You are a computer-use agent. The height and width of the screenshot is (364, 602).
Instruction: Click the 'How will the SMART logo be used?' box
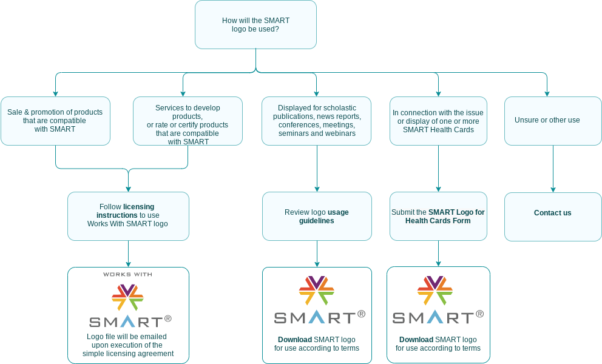click(x=255, y=25)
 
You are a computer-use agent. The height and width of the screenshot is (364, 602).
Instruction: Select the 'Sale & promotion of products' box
click(x=55, y=121)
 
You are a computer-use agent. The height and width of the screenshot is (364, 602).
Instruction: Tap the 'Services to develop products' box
click(x=188, y=121)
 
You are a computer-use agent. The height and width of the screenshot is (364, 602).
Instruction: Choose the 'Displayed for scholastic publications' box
click(x=317, y=121)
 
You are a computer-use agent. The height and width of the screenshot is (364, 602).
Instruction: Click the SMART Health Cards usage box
click(x=438, y=121)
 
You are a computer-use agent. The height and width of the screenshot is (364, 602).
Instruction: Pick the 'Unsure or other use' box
click(x=553, y=121)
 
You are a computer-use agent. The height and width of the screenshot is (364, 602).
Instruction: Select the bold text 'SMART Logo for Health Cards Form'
click(x=447, y=217)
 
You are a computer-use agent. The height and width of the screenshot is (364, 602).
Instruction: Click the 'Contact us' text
click(x=553, y=213)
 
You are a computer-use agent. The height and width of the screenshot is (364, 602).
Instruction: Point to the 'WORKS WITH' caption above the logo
click(x=127, y=274)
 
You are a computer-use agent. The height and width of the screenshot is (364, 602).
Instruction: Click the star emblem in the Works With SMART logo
click(x=127, y=297)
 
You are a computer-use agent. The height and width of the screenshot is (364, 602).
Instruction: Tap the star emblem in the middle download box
click(x=317, y=290)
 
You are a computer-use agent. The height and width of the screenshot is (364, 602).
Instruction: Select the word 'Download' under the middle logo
click(x=294, y=340)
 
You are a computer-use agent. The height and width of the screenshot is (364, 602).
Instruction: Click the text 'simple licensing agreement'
click(x=128, y=354)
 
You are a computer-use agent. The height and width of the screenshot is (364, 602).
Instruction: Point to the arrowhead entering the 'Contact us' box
click(x=553, y=190)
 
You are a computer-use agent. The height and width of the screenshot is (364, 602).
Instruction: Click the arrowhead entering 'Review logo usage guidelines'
click(x=317, y=189)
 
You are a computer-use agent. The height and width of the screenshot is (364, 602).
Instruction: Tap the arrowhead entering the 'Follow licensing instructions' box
click(x=128, y=189)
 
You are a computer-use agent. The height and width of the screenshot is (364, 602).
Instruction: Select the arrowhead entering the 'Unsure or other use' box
click(x=547, y=94)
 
